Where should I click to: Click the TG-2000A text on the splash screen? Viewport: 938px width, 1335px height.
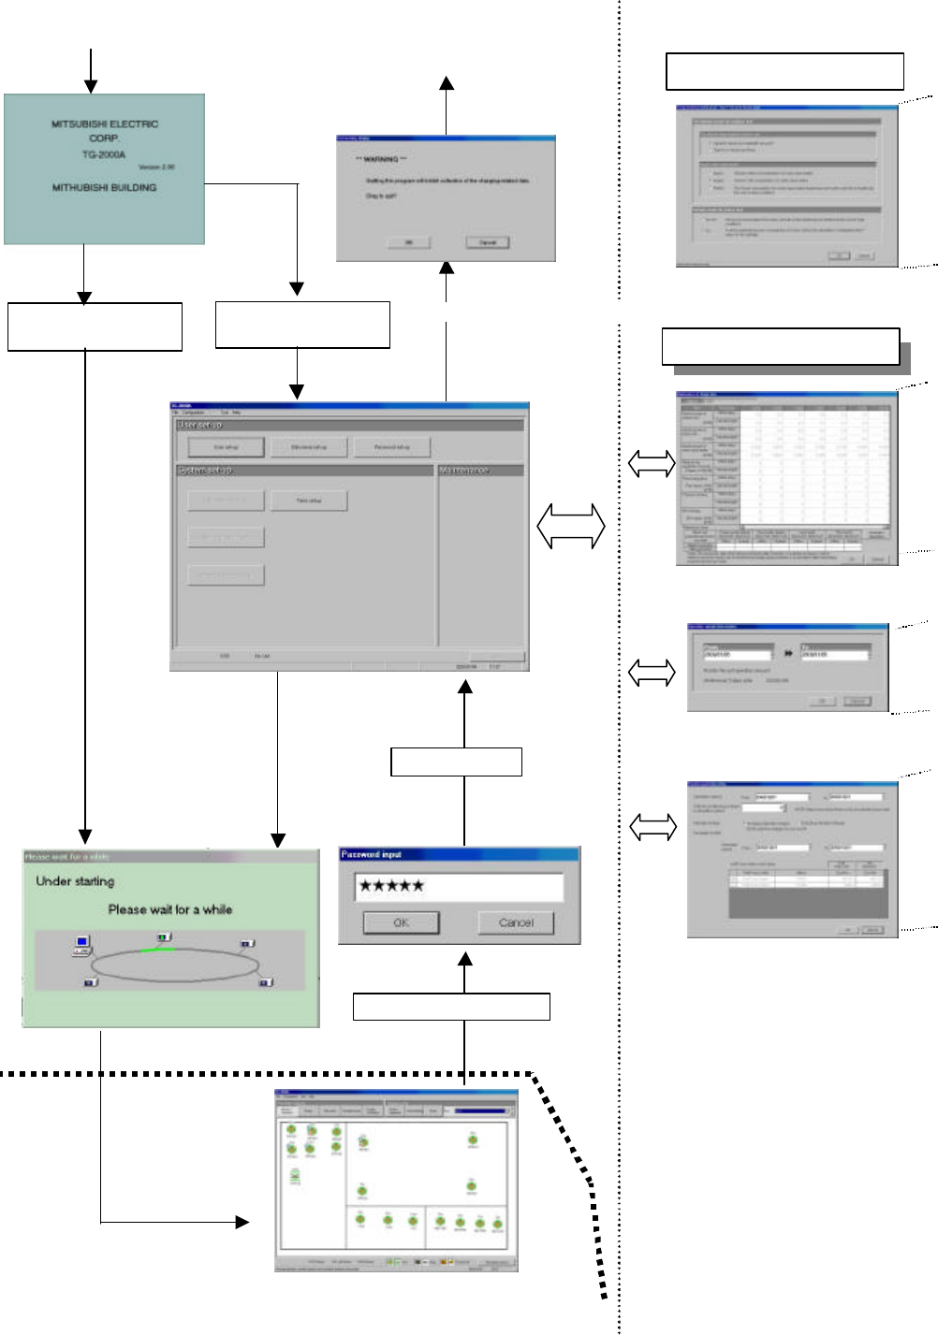pos(104,154)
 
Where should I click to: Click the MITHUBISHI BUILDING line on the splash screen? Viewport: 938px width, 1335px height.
pos(104,188)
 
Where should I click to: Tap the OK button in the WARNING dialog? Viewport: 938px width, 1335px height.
pos(409,242)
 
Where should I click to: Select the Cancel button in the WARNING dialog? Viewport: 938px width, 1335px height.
pos(488,242)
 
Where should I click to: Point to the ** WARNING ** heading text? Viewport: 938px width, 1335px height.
pos(381,160)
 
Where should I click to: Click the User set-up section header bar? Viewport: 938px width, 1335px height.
pos(350,425)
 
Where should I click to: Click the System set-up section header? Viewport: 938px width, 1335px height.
pos(304,470)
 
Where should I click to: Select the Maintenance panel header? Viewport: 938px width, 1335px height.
pos(480,470)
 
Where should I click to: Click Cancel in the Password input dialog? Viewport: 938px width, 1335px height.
pos(516,922)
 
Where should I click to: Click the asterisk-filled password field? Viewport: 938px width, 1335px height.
pos(459,886)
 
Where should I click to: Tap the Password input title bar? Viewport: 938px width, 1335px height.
pos(459,854)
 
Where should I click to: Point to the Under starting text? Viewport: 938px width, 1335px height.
pos(75,881)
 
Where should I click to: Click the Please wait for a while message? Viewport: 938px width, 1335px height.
pos(170,909)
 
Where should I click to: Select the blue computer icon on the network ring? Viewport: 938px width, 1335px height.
pos(82,942)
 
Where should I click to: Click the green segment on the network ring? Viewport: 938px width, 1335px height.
pos(157,950)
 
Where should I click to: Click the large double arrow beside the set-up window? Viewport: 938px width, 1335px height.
pos(571,526)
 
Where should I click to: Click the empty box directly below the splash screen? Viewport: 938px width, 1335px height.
pos(95,326)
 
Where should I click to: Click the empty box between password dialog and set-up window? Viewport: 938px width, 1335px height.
pos(456,762)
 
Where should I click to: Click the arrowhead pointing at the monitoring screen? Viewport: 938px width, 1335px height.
pos(242,1222)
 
